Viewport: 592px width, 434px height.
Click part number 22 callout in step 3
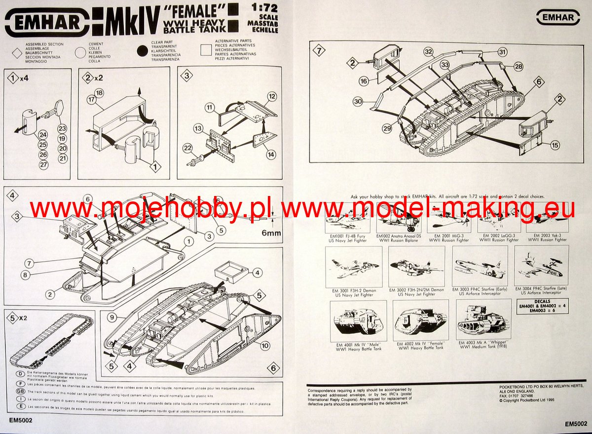tap(187, 148)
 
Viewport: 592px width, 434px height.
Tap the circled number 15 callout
tap(555, 145)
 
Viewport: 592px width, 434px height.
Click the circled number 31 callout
tap(502, 52)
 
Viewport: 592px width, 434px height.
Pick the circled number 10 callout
tap(265, 345)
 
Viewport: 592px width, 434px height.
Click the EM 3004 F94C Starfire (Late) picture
tap(534, 266)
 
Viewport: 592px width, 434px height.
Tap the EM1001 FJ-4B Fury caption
tap(349, 239)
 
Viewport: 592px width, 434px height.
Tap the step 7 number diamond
tap(320, 50)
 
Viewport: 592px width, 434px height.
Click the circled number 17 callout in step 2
tap(90, 100)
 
